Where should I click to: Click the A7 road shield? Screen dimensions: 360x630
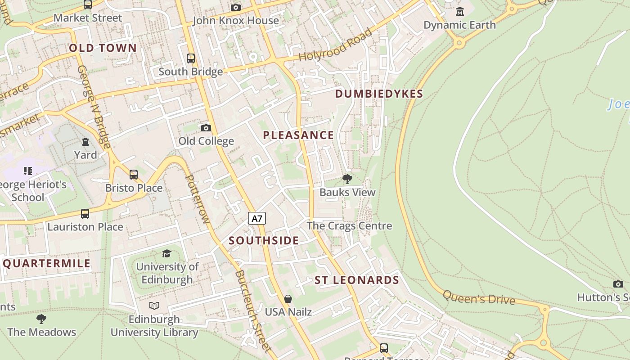point(257,219)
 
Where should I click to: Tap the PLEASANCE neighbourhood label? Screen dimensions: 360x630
point(298,135)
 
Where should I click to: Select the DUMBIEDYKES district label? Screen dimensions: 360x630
point(379,94)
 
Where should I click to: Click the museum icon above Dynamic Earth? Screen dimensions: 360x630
point(459,11)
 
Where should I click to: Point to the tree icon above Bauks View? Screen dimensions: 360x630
point(347,179)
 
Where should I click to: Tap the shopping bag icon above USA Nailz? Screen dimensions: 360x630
point(288,299)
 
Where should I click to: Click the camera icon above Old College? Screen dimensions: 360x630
point(206,128)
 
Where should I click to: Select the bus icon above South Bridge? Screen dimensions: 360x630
point(191,58)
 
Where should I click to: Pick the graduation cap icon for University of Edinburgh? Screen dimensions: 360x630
point(167,254)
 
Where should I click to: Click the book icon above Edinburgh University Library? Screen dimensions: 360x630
point(154,306)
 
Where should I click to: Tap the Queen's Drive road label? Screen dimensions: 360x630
point(479,297)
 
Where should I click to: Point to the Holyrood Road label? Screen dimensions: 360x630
point(336,45)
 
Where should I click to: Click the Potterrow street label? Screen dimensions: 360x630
point(198,198)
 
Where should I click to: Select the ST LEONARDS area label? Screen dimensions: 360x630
point(356,280)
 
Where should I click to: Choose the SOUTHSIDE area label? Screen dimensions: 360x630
point(264,240)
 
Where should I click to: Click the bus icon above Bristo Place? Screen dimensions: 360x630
point(134,175)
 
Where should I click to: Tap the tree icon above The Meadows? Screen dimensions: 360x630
point(41,319)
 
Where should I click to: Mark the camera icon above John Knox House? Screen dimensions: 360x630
point(235,7)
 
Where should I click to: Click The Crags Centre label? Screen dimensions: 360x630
point(349,225)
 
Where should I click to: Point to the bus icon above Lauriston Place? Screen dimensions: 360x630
point(85,214)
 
